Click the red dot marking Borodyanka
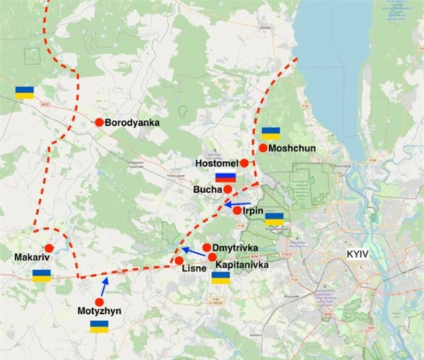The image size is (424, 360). (x=99, y=122)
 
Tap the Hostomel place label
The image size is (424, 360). (x=216, y=162)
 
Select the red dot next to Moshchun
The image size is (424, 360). (x=262, y=148)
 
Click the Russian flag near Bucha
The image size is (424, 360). (x=225, y=177)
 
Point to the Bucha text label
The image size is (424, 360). (x=207, y=190)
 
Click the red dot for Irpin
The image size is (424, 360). (x=238, y=211)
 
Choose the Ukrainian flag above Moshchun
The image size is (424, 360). (x=271, y=133)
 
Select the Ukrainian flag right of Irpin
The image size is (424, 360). (x=274, y=218)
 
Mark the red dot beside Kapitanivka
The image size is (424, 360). (x=212, y=257)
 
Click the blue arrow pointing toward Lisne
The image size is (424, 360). (x=194, y=253)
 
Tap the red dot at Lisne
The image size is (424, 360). (x=178, y=260)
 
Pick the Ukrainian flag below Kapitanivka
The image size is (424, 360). (x=221, y=277)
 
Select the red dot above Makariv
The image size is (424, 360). (x=49, y=249)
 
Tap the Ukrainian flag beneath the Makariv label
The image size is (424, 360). (x=42, y=275)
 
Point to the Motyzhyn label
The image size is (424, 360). (x=100, y=311)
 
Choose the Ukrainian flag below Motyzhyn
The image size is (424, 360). (x=99, y=326)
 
